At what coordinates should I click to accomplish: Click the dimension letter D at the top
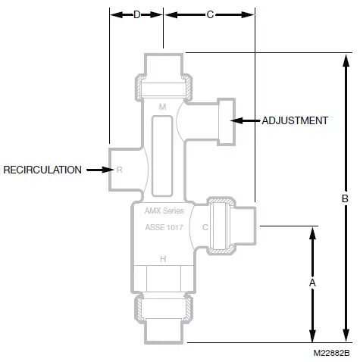137,14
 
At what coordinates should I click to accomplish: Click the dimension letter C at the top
210,14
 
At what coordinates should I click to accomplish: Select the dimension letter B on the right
345,198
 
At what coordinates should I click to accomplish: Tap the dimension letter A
312,282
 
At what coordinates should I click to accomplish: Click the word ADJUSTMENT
295,120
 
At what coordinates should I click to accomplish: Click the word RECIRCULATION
42,170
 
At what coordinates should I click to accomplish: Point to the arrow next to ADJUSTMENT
247,120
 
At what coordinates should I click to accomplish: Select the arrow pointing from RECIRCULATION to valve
99,170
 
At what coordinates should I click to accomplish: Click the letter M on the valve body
161,108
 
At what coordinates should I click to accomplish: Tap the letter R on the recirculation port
119,170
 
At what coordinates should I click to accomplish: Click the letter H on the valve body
161,259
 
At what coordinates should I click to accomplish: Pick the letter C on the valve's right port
205,226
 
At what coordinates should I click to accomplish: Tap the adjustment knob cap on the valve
226,120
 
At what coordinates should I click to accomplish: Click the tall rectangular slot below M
161,155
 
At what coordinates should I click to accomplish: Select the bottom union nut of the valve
162,307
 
